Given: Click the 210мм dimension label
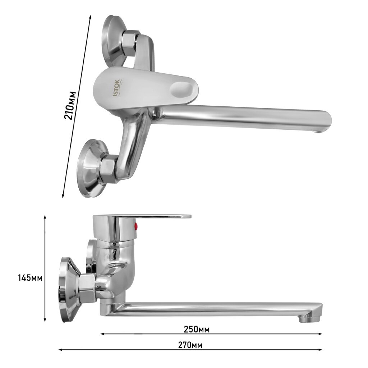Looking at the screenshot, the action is (70, 106).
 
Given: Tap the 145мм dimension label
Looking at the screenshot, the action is (30, 278).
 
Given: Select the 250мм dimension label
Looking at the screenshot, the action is (197, 329).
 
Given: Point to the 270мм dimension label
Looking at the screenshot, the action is (190, 345).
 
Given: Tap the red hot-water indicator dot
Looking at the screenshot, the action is (135, 227).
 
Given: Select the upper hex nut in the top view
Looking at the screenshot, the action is (129, 42).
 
